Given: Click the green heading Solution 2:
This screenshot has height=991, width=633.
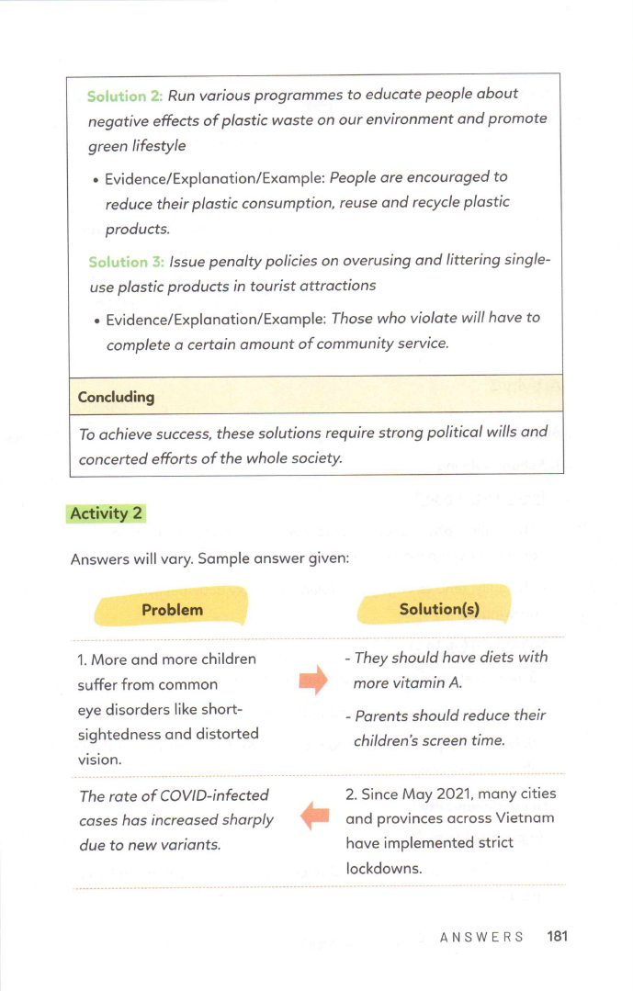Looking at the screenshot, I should pos(125,95).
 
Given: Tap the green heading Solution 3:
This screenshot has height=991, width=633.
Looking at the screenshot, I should pos(126,262).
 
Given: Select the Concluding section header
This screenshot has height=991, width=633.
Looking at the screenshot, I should pos(116,397).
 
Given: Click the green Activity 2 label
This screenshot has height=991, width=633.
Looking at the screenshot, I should pos(107,513).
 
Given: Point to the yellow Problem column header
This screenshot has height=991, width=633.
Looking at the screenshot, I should pos(172,609).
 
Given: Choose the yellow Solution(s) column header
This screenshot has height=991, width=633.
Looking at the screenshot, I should pos(439,609).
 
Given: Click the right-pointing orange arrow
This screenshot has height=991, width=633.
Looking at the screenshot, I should pos(313,681).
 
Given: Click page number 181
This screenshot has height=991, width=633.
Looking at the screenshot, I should pos(557,936).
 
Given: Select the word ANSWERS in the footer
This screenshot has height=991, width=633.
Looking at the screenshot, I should pos(481,937).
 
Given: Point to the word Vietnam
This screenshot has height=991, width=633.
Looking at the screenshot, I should pos(525,817).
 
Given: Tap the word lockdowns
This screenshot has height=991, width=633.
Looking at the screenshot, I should pos(383,867).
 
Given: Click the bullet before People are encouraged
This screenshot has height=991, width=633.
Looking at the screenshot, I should pos(95,178).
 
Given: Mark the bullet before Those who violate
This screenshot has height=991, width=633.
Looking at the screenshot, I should pos(96,320).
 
